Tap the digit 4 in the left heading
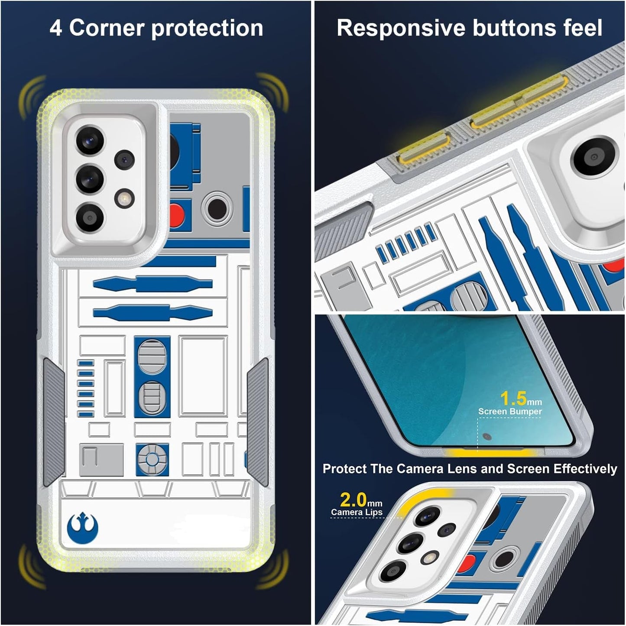(x=55, y=29)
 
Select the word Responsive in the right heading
(x=401, y=28)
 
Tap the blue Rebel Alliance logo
(x=83, y=528)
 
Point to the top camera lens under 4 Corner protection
(x=90, y=140)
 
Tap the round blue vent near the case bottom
(x=152, y=459)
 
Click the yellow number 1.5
(x=514, y=399)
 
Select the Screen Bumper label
(x=510, y=412)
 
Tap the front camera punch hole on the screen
(x=487, y=437)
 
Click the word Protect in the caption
(x=345, y=469)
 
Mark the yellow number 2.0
(x=353, y=500)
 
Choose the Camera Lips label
(x=357, y=512)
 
